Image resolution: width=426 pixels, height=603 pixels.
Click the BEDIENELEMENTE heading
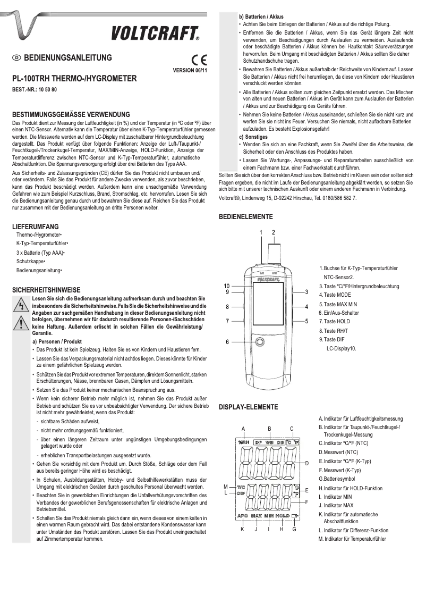point(246,217)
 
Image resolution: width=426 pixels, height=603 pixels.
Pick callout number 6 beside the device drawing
point(227,341)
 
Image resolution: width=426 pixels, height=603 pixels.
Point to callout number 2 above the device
point(274,232)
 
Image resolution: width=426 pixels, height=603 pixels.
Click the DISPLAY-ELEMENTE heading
point(248,407)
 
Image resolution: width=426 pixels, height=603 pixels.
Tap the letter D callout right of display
point(307,463)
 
